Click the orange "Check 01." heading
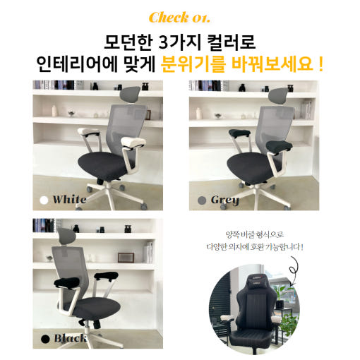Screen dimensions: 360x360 coord(179,18)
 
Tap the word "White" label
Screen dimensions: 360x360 coord(69,200)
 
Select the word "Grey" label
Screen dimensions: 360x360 coord(225,200)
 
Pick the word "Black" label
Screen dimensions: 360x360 coord(71,338)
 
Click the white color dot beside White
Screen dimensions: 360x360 coord(44,200)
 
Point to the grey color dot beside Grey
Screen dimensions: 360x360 coord(202,200)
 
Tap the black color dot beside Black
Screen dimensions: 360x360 coord(45,339)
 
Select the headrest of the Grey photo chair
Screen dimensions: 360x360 coord(279,95)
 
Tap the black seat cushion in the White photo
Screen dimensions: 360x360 coord(103,164)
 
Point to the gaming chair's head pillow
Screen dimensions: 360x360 coord(259,281)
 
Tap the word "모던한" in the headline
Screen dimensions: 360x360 coord(128,42)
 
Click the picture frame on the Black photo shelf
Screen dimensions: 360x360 coord(126,258)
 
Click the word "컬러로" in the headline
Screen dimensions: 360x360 coord(232,42)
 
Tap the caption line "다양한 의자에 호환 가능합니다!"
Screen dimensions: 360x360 coord(255,247)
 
